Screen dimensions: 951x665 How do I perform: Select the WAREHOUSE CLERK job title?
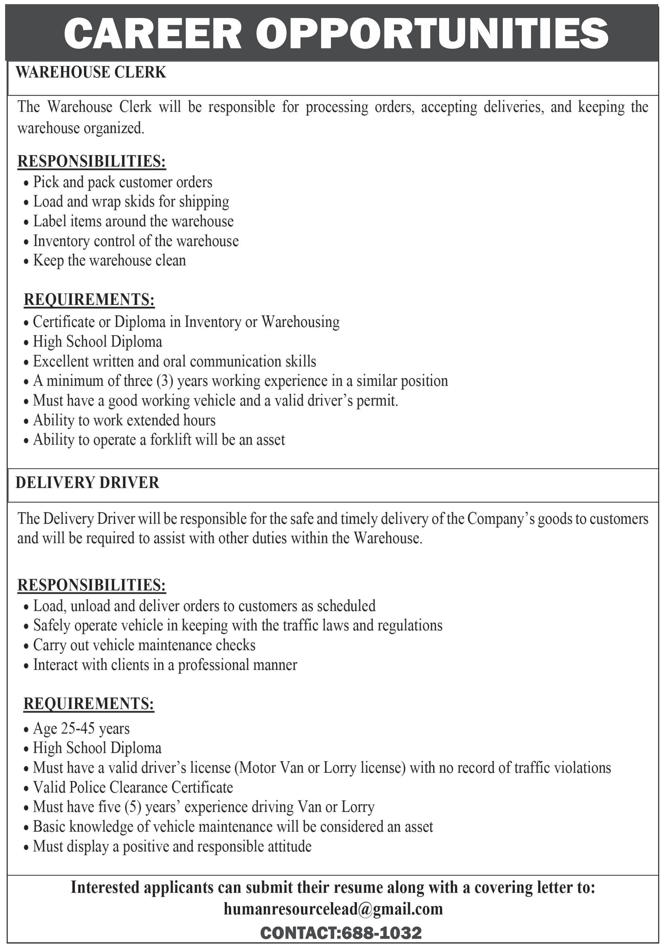(x=91, y=73)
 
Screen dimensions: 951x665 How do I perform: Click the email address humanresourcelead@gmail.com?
(x=333, y=909)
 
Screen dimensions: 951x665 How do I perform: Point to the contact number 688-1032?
(x=380, y=933)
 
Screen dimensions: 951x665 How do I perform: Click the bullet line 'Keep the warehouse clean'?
(x=109, y=261)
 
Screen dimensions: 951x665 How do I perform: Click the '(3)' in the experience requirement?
(x=165, y=381)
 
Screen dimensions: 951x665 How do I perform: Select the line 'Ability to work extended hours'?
(x=124, y=420)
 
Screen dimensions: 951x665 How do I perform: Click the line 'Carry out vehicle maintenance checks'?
(x=144, y=645)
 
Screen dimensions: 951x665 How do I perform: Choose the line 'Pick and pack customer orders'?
(x=123, y=182)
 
